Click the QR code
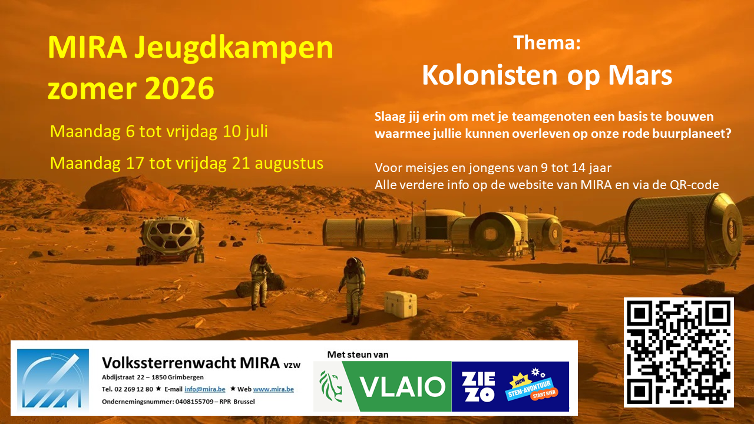pyautogui.click(x=679, y=352)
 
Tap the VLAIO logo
pyautogui.click(x=382, y=386)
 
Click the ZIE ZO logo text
pyautogui.click(x=478, y=387)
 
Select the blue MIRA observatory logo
pyautogui.click(x=53, y=380)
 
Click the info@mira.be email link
pyautogui.click(x=204, y=389)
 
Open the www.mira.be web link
pyautogui.click(x=273, y=389)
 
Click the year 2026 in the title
pyautogui.click(x=180, y=88)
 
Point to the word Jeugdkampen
pyautogui.click(x=234, y=49)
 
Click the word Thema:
pyautogui.click(x=547, y=43)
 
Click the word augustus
pyautogui.click(x=289, y=164)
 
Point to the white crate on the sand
pyautogui.click(x=401, y=304)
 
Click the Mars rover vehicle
pyautogui.click(x=171, y=240)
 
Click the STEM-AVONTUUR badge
pyautogui.click(x=532, y=389)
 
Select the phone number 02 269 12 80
pyautogui.click(x=134, y=389)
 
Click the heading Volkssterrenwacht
pyautogui.click(x=169, y=363)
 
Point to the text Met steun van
pyautogui.click(x=358, y=355)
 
